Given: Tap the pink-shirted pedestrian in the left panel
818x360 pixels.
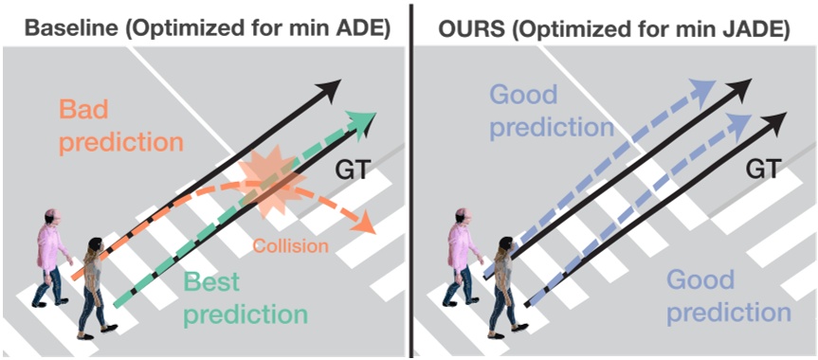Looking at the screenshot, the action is click(52, 256).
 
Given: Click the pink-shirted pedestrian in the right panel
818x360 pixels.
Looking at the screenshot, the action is click(462, 256).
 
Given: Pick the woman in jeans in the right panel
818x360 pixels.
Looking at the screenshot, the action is click(500, 284).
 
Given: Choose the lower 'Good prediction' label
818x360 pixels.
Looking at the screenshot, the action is click(727, 296).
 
